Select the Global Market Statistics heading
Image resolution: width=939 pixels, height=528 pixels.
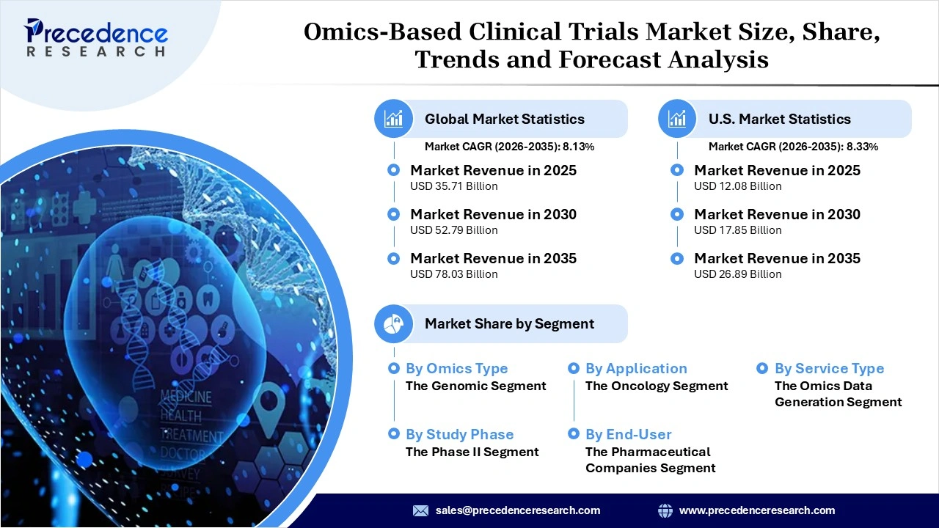pos(504,119)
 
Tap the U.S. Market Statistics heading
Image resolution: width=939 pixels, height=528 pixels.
pos(779,119)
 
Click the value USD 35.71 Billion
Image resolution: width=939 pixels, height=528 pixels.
pos(453,186)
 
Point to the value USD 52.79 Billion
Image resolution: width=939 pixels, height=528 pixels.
pos(453,230)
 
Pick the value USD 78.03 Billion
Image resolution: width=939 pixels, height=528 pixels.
pos(453,274)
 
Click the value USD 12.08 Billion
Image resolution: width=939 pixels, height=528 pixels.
pos(737,186)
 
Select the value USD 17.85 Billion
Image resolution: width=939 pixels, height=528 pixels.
pos(737,230)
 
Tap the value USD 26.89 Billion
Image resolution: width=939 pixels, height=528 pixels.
pos(737,274)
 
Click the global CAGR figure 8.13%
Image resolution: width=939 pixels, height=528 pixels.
pos(578,147)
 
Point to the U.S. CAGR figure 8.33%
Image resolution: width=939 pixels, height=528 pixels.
pos(862,147)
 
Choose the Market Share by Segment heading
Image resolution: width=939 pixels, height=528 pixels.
pos(509,323)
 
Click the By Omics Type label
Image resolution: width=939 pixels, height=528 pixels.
pos(456,368)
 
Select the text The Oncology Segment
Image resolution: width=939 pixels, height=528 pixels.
pos(657,386)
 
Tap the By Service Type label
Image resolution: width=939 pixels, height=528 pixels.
pos(829,368)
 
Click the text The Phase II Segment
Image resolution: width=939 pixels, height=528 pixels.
pos(472,452)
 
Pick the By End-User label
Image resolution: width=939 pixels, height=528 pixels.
pos(628,434)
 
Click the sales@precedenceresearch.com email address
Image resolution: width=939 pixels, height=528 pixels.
pos(517,510)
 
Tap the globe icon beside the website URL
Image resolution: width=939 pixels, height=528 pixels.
pos(665,510)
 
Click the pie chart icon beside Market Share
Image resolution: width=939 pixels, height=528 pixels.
pos(394,323)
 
